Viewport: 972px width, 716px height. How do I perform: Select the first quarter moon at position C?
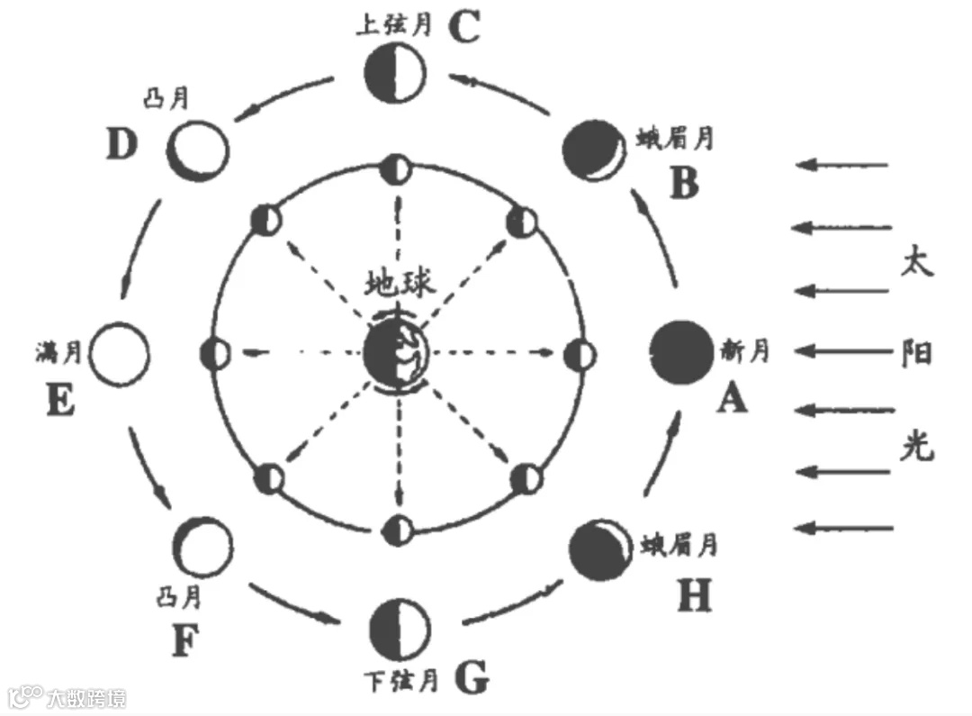[393, 76]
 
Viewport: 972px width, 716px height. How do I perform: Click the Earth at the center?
[397, 353]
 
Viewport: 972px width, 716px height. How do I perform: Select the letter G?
[472, 678]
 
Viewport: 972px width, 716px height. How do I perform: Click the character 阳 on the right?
[917, 352]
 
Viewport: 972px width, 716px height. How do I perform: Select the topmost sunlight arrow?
[843, 165]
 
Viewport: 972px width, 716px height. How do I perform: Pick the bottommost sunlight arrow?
[845, 528]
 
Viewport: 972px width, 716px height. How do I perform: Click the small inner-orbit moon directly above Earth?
[394, 168]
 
